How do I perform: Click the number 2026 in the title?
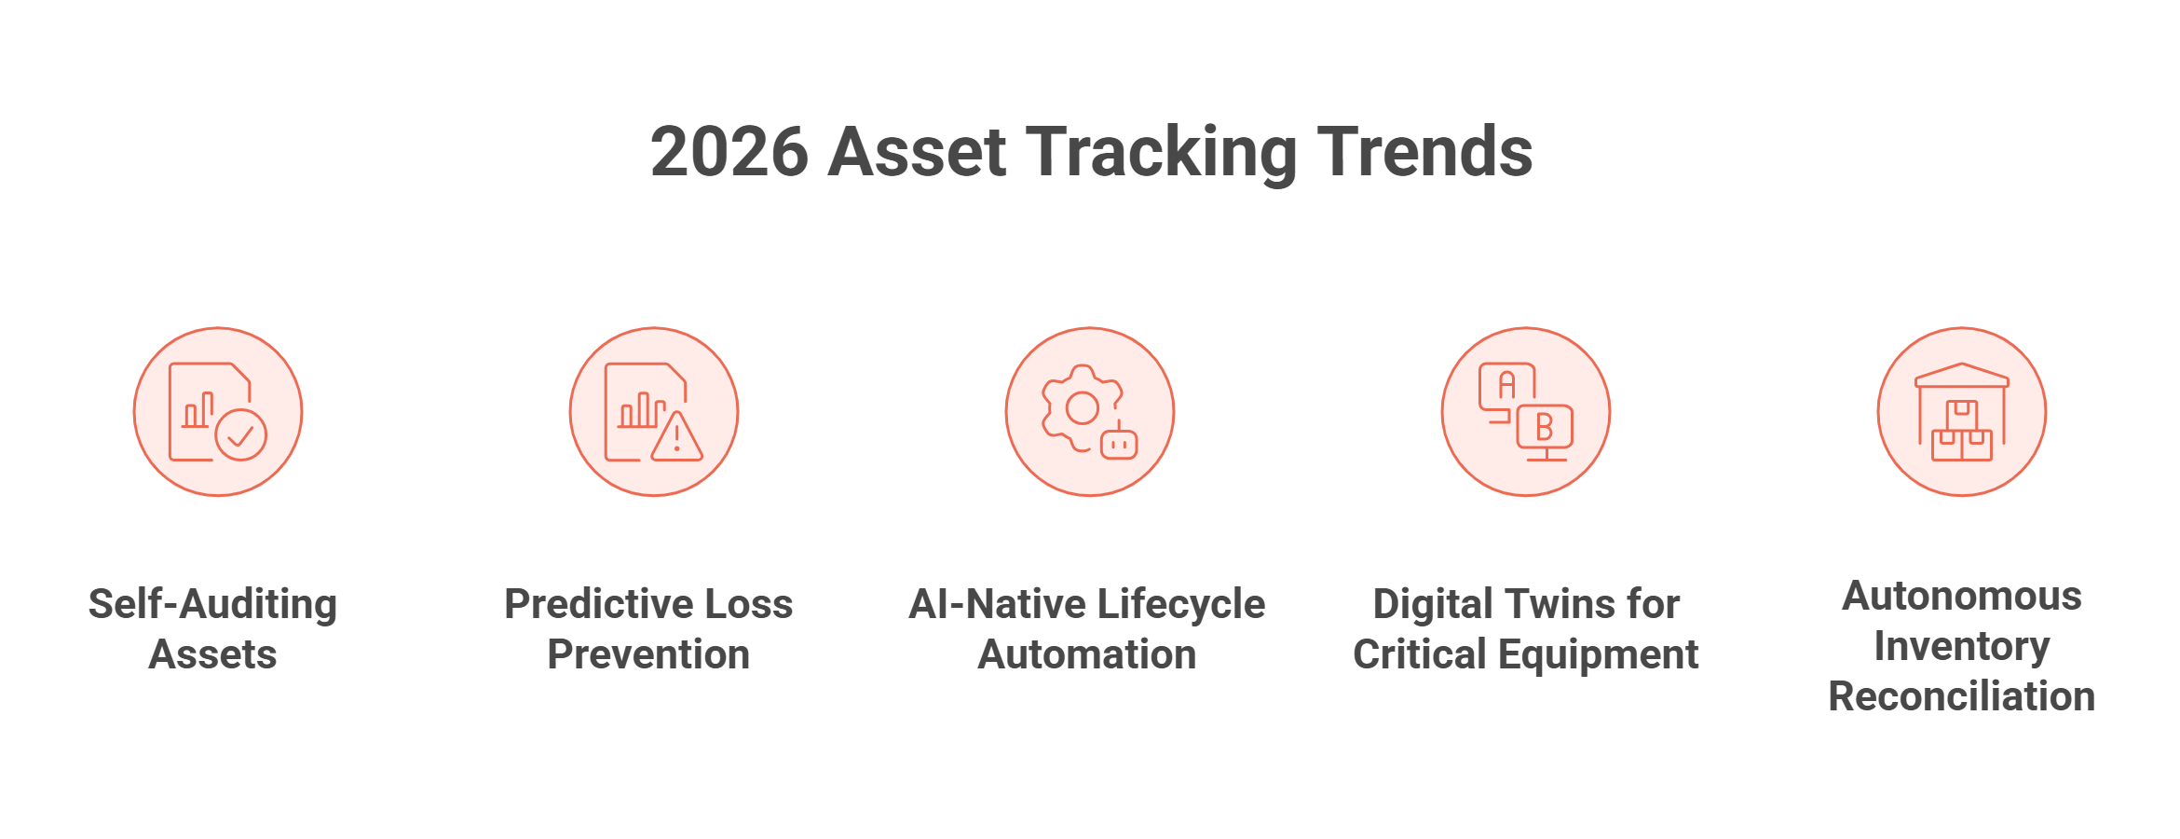coord(729,152)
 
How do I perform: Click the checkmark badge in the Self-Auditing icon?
coord(241,434)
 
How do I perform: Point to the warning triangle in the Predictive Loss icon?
coord(677,437)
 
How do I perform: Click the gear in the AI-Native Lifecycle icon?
coord(1081,407)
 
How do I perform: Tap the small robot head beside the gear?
coord(1119,445)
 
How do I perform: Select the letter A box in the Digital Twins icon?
coord(1506,385)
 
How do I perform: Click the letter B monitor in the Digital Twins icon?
coord(1545,428)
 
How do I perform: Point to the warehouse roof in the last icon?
coord(1962,375)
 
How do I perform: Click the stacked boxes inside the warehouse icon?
coord(1962,433)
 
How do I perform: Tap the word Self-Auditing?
coord(213,604)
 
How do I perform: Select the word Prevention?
coord(648,654)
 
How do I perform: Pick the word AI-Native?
coord(986,604)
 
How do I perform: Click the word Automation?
coord(1087,654)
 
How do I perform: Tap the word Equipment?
coord(1598,654)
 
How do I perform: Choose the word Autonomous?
coord(1962,597)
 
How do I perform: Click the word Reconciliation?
coord(1962,696)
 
